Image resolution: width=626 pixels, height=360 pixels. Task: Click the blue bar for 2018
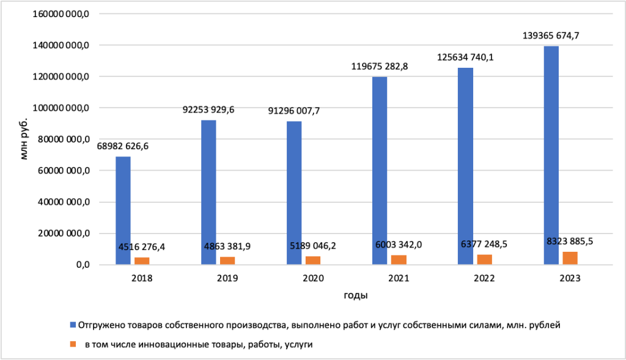tap(123, 211)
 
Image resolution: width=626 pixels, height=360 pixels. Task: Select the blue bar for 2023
tap(551, 155)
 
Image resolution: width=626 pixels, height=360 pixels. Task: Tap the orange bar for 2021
tap(399, 260)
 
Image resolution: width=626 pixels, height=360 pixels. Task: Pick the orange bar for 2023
tap(570, 258)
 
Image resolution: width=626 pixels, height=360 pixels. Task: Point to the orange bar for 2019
tap(227, 261)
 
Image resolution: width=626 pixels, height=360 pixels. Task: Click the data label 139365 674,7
tap(551, 36)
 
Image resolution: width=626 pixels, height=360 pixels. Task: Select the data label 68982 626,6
tap(123, 147)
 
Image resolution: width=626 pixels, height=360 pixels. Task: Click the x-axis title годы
tap(355, 296)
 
